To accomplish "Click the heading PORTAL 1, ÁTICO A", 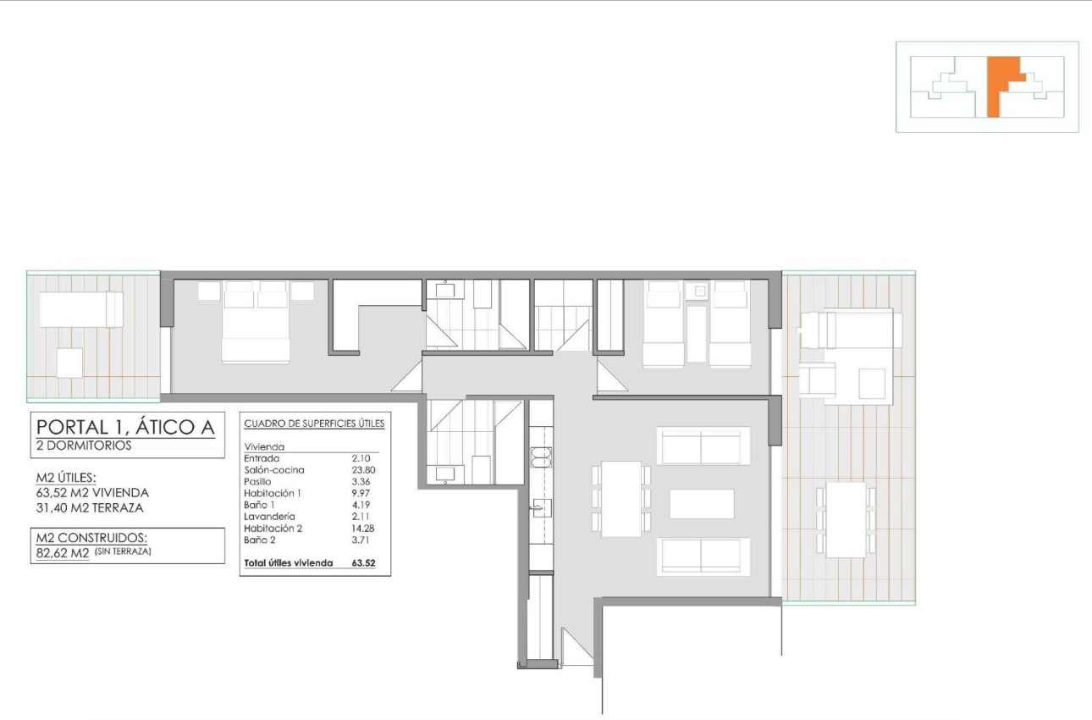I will coord(124,426).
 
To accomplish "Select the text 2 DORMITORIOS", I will coord(85,446).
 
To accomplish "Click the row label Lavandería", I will coord(269,516).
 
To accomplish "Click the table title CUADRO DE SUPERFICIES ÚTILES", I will coord(314,423).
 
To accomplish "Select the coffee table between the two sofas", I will coord(702,503).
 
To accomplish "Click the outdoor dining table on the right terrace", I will coord(846,519).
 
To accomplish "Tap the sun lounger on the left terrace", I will coord(81,309).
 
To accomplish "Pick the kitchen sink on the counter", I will coord(540,507).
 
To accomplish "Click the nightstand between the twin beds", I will coord(698,291).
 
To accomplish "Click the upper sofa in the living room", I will coord(703,446).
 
